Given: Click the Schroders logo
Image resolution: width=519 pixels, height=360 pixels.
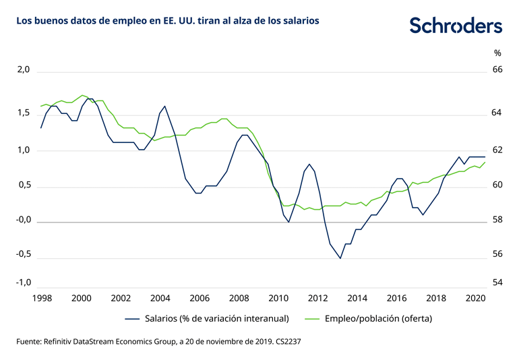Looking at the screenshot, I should click(x=456, y=26).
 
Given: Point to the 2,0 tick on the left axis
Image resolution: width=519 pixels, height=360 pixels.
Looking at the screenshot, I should click(x=24, y=70).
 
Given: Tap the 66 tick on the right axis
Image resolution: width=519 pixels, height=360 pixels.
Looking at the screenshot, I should click(x=497, y=70).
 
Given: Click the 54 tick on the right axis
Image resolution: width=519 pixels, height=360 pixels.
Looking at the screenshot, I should click(x=497, y=282).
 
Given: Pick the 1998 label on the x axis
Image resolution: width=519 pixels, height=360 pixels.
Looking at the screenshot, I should click(x=42, y=298).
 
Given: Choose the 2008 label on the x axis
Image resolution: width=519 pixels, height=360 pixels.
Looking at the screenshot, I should click(x=238, y=298).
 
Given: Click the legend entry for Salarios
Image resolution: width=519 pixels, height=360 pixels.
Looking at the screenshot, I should click(x=206, y=318).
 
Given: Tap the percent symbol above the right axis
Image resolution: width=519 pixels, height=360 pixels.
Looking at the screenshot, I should click(x=497, y=53).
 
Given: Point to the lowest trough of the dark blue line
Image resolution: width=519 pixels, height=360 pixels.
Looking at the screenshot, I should click(x=340, y=258).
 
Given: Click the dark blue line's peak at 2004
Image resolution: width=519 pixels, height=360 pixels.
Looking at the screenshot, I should click(x=164, y=106).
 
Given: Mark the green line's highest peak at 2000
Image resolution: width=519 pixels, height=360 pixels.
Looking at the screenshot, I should click(x=82, y=95).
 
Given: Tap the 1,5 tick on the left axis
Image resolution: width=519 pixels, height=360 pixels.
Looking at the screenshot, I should click(x=24, y=113).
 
